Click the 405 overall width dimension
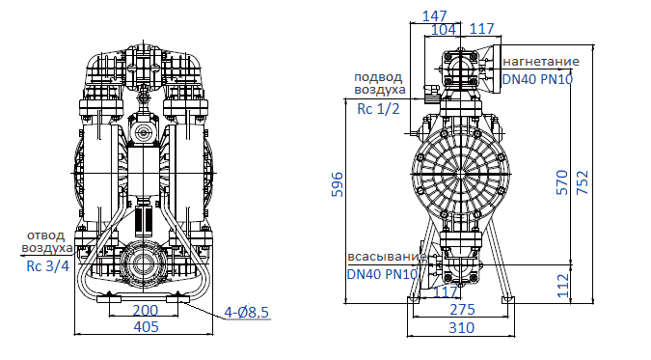145,327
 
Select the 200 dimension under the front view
145,311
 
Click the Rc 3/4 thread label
47,267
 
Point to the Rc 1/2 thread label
379,109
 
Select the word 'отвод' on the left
45,235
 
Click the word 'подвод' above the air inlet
379,78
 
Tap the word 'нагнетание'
540,62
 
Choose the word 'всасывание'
385,257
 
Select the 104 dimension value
445,30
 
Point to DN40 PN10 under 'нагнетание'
538,79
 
